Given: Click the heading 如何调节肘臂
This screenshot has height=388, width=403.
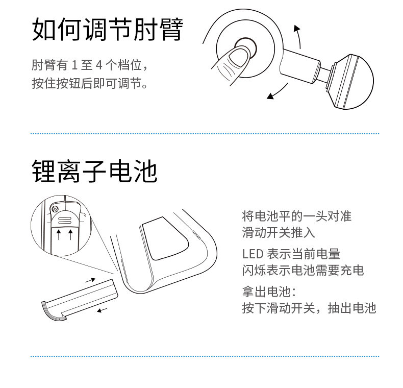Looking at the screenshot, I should pyautogui.click(x=107, y=29).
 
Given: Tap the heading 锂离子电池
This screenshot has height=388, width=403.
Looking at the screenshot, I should pyautogui.click(x=94, y=172).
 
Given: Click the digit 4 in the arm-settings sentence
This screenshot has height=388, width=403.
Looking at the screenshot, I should pyautogui.click(x=99, y=66).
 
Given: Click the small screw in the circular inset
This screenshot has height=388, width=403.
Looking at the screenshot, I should pyautogui.click(x=55, y=208).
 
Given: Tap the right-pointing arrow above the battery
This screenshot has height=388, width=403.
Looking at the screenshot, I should pyautogui.click(x=90, y=279).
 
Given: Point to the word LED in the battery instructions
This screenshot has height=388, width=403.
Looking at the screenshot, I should pyautogui.click(x=252, y=254).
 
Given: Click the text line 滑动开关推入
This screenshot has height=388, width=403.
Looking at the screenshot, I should pyautogui.click(x=279, y=233).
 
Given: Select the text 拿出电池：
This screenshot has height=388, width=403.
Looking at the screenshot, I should pyautogui.click(x=269, y=292).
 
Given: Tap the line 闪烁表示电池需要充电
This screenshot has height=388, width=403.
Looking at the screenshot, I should pyautogui.click(x=303, y=270).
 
